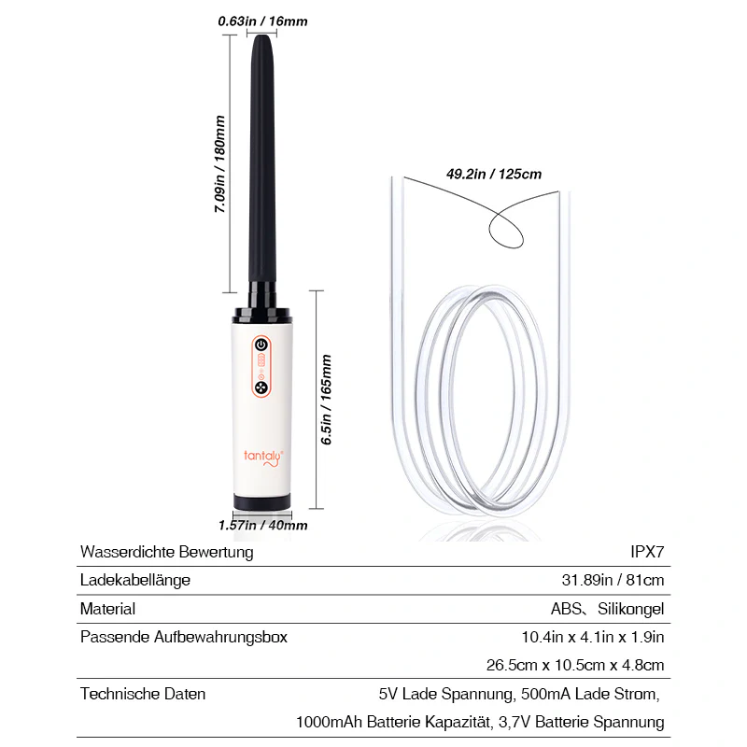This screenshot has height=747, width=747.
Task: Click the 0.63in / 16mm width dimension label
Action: [262, 21]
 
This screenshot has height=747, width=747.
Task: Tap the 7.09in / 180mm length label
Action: [219, 164]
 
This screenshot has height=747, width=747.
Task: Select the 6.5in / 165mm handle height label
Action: [326, 400]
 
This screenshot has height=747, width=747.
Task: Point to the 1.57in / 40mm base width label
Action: [263, 526]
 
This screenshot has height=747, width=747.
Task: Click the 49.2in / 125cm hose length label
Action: [494, 174]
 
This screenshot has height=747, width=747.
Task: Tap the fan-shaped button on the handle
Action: [261, 388]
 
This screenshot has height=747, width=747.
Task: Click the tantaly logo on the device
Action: [263, 458]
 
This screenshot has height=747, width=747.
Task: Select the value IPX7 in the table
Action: [647, 552]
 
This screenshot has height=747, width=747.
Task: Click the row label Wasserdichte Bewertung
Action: [167, 552]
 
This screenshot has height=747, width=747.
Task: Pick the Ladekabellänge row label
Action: [135, 580]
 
